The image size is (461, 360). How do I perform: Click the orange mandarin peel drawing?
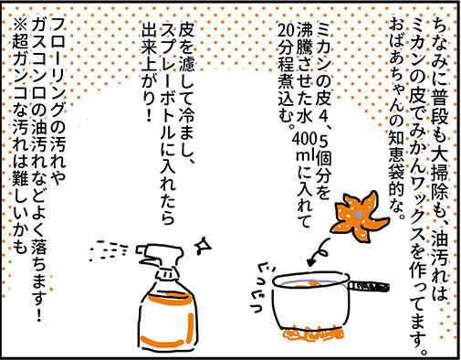[x=358, y=217]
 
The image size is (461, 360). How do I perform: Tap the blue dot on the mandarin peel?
[x=359, y=216]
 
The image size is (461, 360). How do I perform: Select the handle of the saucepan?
[x=369, y=286]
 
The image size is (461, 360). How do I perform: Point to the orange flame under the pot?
[x=313, y=334]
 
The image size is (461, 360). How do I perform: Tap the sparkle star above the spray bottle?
[x=202, y=245]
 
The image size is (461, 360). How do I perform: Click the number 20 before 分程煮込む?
[x=287, y=30]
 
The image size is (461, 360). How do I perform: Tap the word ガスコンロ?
[x=38, y=62]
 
